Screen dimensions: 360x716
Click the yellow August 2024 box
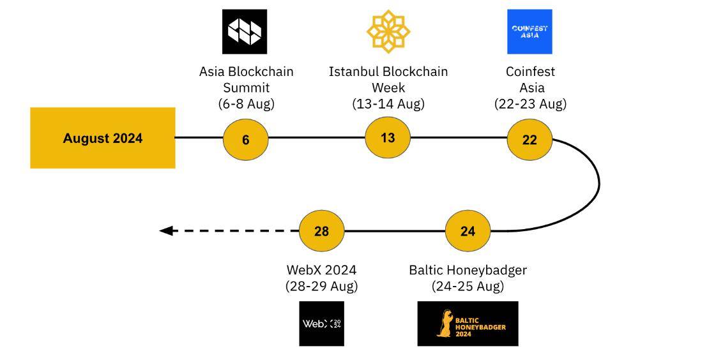103,138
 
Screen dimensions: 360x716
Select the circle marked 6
245,139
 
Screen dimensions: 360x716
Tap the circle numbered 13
388,137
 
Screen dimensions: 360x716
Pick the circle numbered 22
529,139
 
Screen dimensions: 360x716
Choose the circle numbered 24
468,230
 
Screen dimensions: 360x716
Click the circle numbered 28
321,230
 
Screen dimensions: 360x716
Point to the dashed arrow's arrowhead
166,230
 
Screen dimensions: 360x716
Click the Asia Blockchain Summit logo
245,31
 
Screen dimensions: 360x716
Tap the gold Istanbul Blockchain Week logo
388,31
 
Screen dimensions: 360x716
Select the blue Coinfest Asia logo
529,31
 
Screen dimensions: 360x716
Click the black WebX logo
321,324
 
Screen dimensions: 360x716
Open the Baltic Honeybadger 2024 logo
468,324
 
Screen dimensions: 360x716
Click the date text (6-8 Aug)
246,103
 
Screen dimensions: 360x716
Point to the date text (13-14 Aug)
388,103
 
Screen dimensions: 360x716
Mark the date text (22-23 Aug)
530,103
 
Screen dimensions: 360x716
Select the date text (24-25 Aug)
468,286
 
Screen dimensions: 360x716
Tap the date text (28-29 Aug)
321,286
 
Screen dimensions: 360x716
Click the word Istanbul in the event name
354,71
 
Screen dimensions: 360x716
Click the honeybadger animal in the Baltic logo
445,324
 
